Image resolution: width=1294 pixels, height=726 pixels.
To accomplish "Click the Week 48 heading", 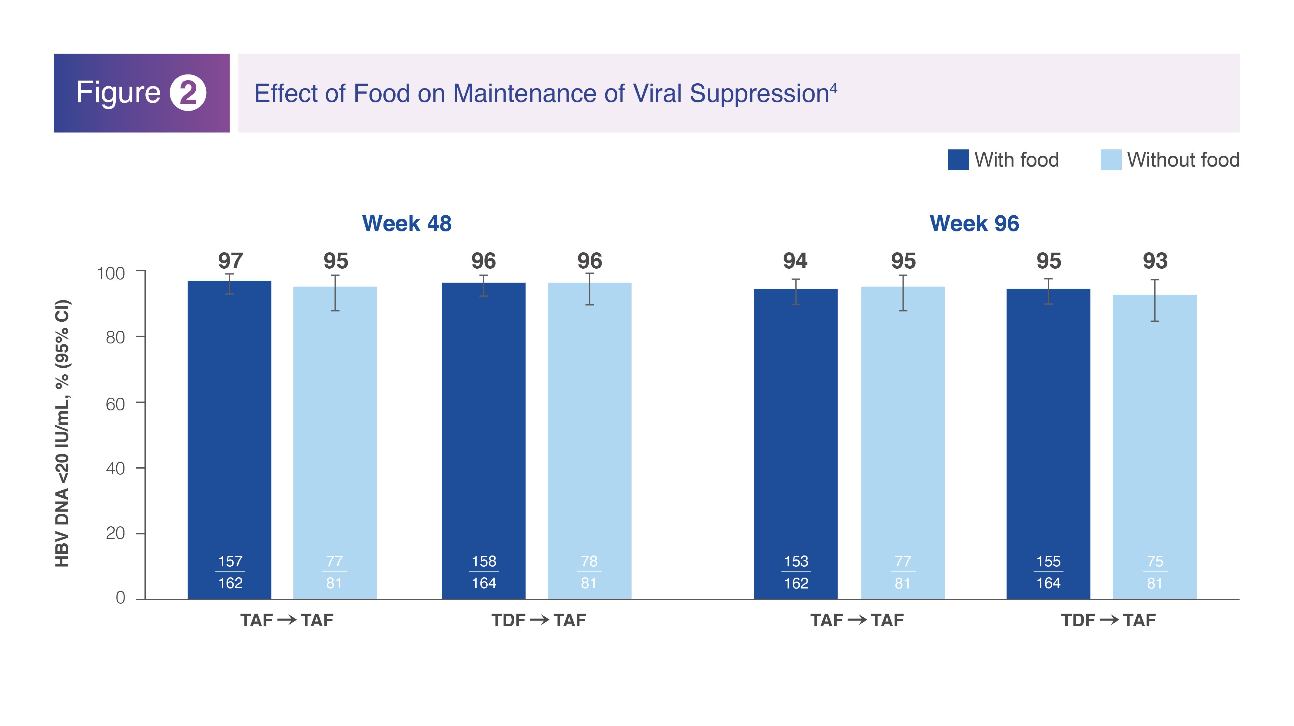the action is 406,224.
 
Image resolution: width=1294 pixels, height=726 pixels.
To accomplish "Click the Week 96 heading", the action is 974,224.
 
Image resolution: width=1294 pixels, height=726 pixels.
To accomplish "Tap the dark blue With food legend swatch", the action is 958,160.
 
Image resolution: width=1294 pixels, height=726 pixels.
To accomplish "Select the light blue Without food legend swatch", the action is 1111,160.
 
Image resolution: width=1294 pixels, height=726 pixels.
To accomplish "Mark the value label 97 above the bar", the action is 230,261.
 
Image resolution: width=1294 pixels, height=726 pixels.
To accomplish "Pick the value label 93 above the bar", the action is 1155,261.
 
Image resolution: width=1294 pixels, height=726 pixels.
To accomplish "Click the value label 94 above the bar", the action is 795,261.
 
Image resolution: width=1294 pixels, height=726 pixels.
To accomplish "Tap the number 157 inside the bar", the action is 230,561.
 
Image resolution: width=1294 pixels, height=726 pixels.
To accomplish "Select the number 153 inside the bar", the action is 796,561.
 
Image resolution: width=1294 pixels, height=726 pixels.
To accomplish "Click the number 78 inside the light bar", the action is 589,561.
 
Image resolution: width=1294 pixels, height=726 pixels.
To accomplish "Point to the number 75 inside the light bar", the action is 1155,561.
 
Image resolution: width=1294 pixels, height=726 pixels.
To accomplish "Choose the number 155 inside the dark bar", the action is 1048,561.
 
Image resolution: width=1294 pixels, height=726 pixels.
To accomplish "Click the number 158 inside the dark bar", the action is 484,561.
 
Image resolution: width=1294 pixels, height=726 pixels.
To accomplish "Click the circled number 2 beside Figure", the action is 188,93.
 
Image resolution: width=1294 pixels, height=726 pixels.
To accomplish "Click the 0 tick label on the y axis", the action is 121,598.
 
